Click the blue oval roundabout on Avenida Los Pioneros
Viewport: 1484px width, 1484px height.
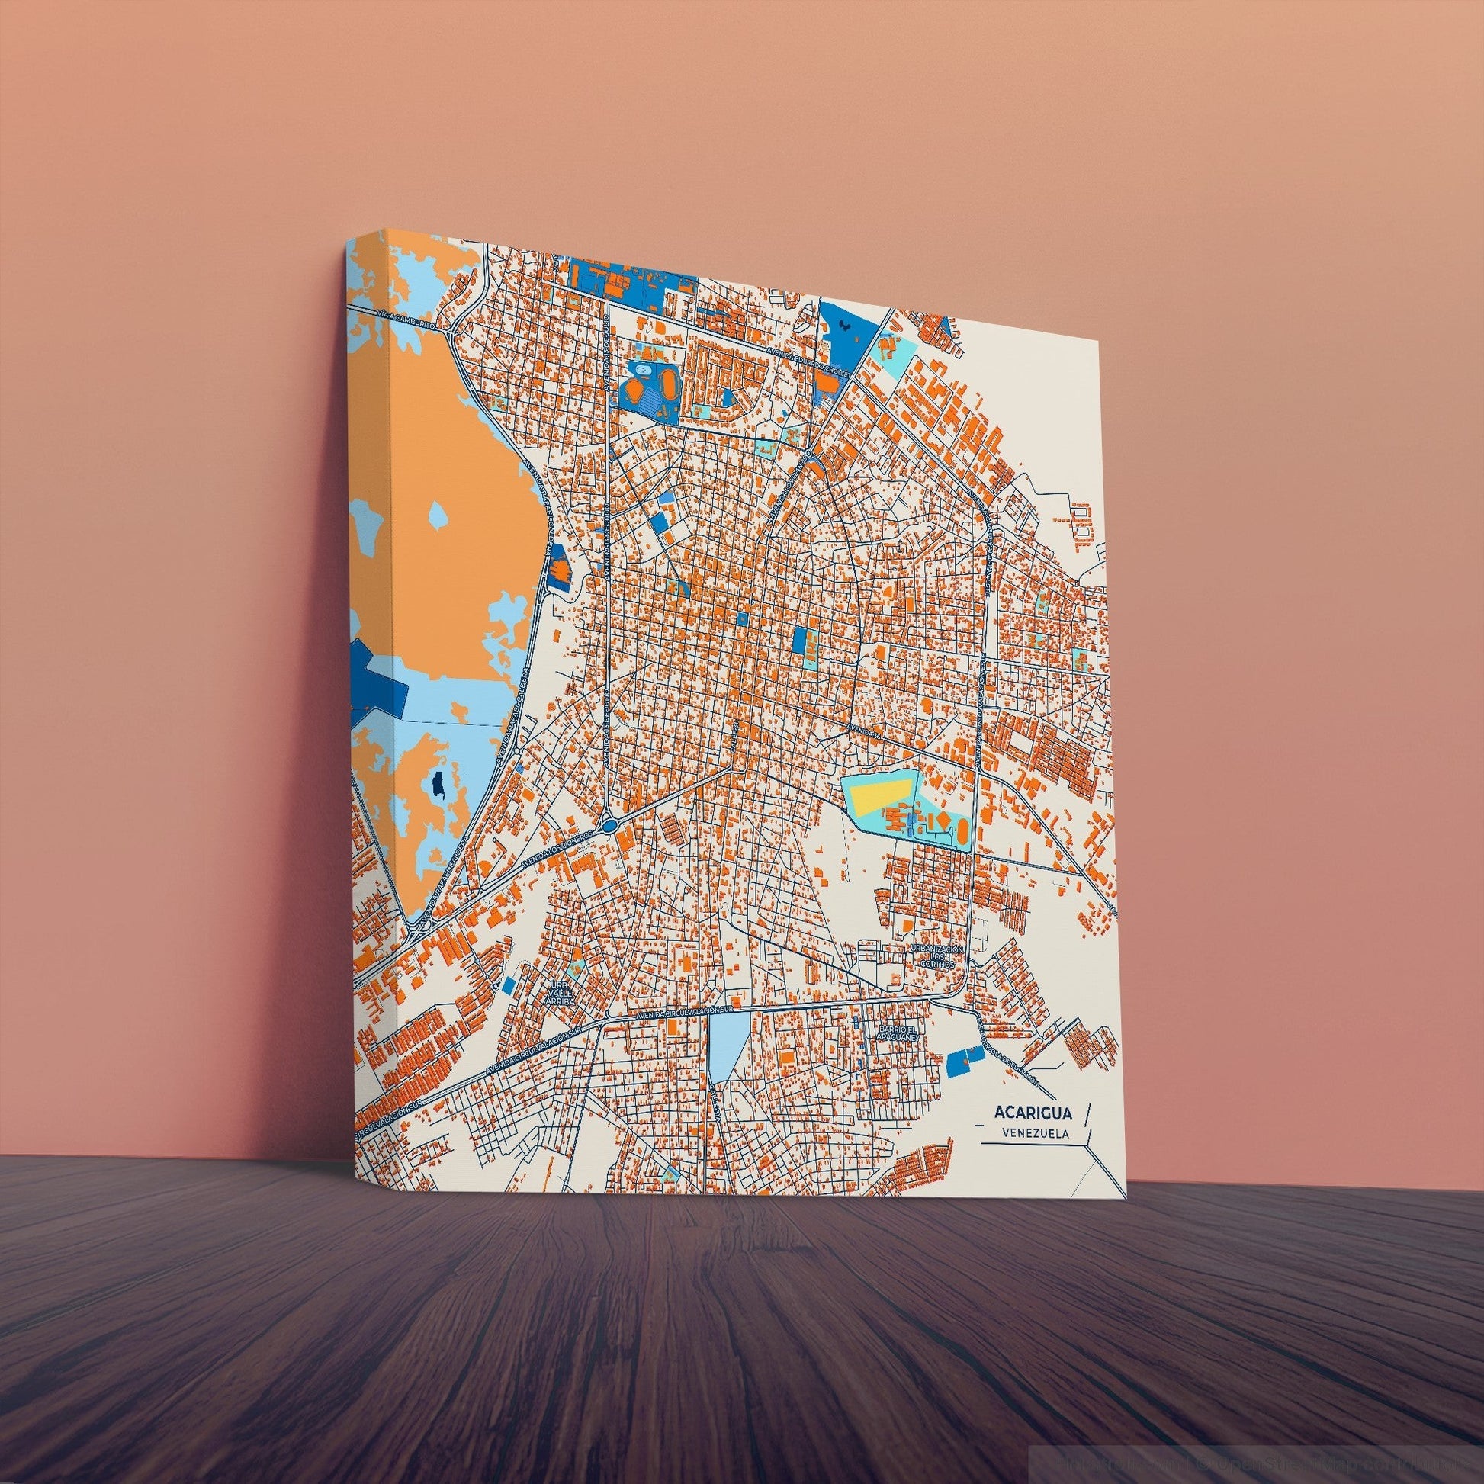pyautogui.click(x=610, y=826)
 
